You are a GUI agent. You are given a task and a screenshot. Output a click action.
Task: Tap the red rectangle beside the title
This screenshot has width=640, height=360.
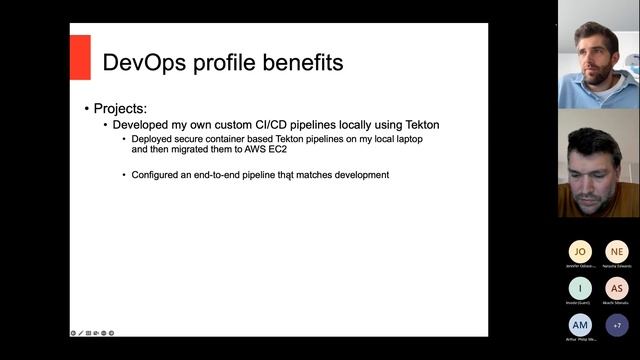pyautogui.click(x=80, y=57)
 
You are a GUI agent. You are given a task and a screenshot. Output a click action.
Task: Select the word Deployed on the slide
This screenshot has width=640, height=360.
pyautogui.click(x=154, y=139)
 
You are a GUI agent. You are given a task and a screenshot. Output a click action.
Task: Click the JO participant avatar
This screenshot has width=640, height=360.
pyautogui.click(x=580, y=251)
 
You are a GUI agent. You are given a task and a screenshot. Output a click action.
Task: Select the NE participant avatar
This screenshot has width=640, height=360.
pyautogui.click(x=617, y=251)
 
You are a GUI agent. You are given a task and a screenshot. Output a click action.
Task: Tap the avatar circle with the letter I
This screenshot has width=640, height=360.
pyautogui.click(x=580, y=288)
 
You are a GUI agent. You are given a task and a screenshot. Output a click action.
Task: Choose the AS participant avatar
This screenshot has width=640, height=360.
pyautogui.click(x=617, y=288)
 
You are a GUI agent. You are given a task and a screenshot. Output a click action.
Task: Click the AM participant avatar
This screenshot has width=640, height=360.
pyautogui.click(x=580, y=325)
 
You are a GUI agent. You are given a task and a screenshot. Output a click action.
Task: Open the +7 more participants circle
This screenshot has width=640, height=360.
pyautogui.click(x=617, y=325)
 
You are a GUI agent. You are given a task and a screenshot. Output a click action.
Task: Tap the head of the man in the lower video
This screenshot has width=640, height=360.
pyautogui.click(x=592, y=155)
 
